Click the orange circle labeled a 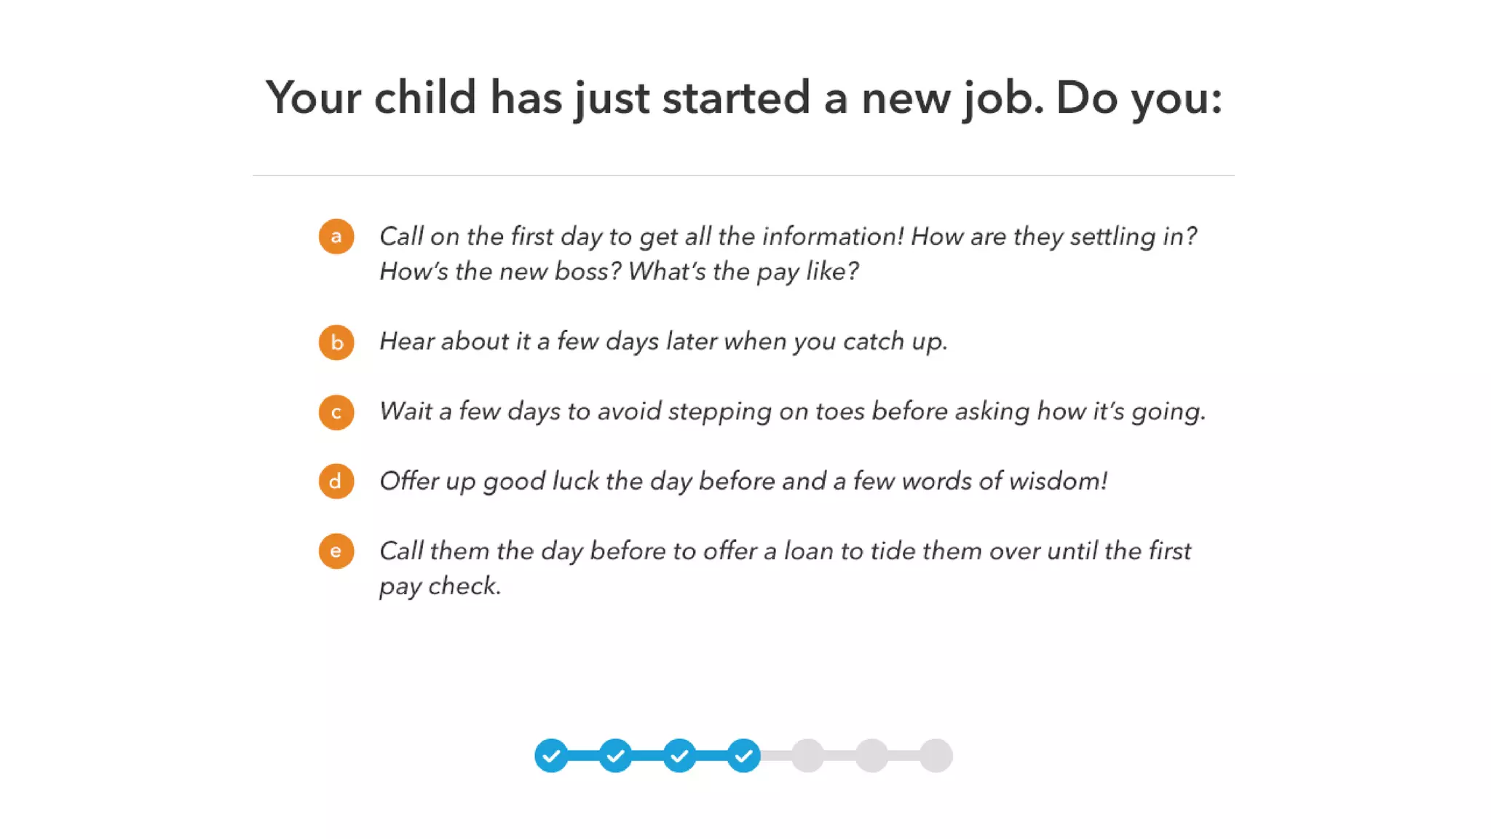click(x=336, y=237)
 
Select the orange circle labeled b click(x=336, y=342)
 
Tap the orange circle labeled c click(x=336, y=412)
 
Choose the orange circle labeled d click(x=336, y=481)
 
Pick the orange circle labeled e click(x=336, y=551)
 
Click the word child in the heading click(x=425, y=97)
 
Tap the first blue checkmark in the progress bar click(x=551, y=756)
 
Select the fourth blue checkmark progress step click(x=743, y=756)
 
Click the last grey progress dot click(x=936, y=756)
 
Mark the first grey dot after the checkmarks click(x=807, y=756)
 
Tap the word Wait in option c click(x=406, y=411)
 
